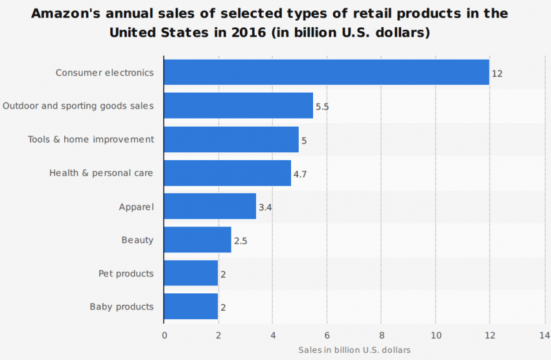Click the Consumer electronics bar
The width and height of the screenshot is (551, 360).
tap(326, 73)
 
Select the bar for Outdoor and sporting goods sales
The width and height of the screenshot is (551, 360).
tap(239, 106)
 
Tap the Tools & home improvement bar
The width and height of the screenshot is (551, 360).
tap(231, 139)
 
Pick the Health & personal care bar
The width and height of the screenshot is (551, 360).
tap(228, 173)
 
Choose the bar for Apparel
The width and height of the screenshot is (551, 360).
tap(210, 206)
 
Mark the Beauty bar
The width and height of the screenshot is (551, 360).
tap(198, 240)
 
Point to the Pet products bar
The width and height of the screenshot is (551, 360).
tap(191, 274)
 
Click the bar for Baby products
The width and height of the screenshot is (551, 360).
tap(191, 307)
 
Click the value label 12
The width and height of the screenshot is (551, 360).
tap(497, 73)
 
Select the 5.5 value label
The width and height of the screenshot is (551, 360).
tap(322, 106)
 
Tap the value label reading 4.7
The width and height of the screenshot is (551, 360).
tap(300, 174)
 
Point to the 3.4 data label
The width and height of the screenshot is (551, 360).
tap(265, 207)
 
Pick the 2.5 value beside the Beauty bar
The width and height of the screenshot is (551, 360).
tap(240, 241)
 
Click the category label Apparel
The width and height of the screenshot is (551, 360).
tap(136, 207)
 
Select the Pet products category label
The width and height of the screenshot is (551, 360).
tap(126, 274)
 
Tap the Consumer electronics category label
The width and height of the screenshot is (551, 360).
tap(105, 73)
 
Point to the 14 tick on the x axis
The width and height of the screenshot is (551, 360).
tap(544, 335)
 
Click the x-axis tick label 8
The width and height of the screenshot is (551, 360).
tap(381, 335)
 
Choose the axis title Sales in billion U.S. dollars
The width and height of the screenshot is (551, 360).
tap(354, 350)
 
